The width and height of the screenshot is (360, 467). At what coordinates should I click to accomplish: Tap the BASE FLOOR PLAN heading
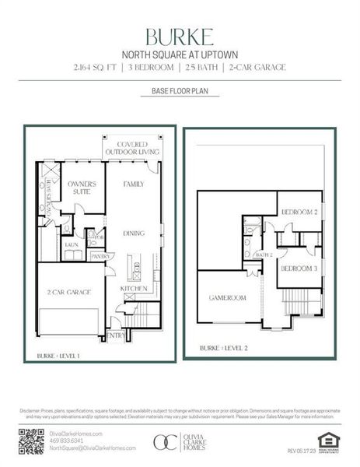click(x=180, y=91)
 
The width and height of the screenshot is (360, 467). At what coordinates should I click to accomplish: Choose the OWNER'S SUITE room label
click(x=80, y=188)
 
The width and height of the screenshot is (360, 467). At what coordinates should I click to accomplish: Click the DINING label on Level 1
click(x=134, y=233)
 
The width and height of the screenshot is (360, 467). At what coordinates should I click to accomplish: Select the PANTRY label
click(x=101, y=255)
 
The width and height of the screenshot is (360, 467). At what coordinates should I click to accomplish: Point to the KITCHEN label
click(x=134, y=288)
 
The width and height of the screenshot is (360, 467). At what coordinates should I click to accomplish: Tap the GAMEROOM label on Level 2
click(x=227, y=297)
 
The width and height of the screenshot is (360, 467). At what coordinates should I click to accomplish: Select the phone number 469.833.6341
click(x=66, y=441)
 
